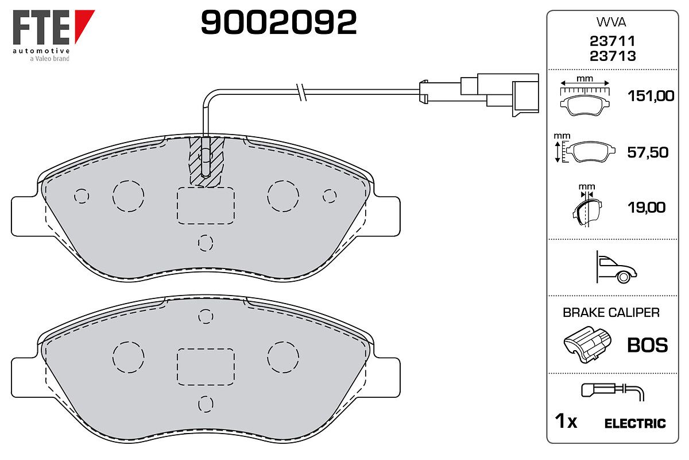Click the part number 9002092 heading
coord(278,22)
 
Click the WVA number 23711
coord(613,41)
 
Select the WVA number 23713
coord(613,56)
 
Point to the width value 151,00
coord(651,96)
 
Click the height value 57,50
coord(648,152)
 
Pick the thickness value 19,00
coord(647,208)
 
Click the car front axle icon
coord(616,267)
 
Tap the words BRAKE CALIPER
coord(611,312)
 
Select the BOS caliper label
coord(648,345)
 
